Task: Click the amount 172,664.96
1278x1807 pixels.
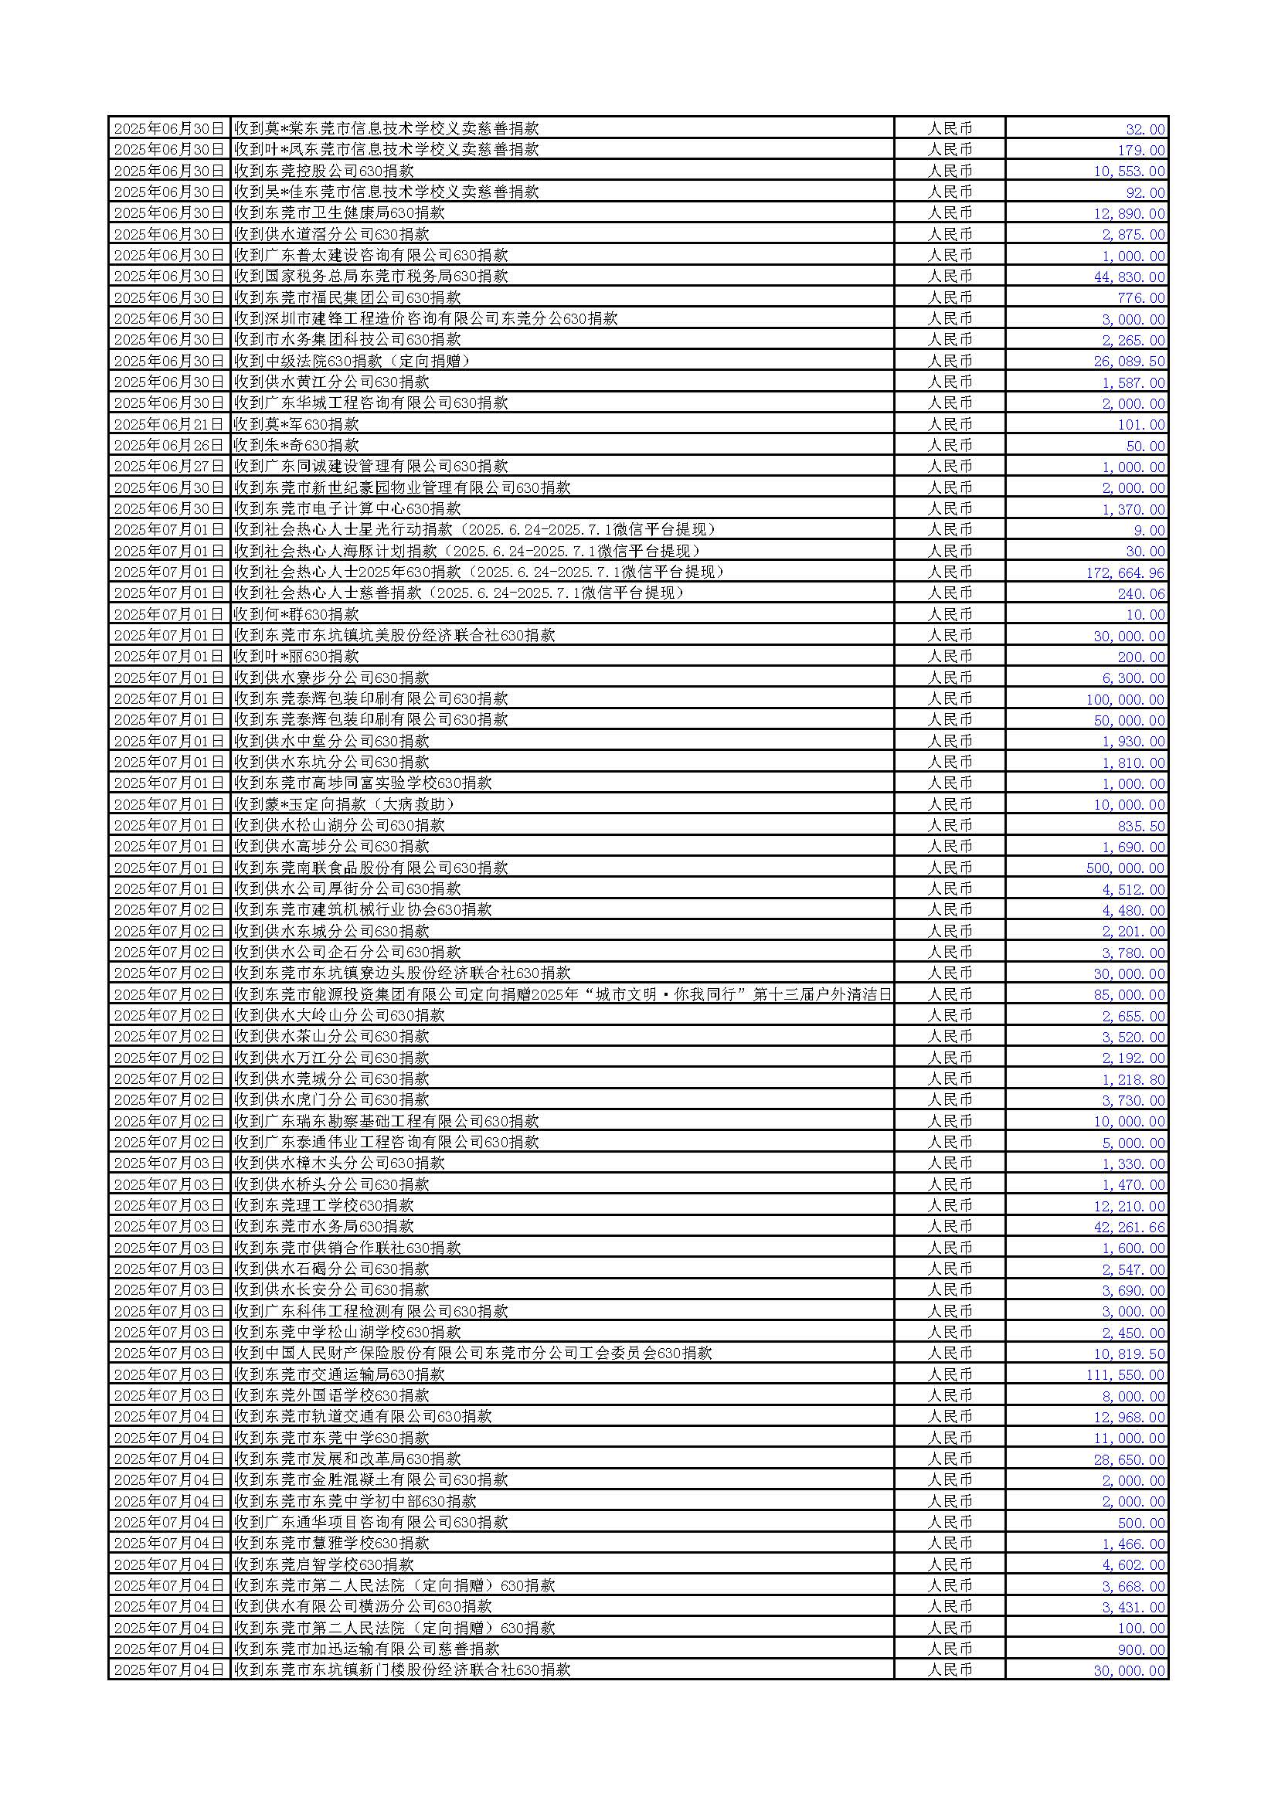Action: (1124, 573)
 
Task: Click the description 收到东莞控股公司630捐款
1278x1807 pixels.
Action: (324, 171)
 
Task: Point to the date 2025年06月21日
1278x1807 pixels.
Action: (168, 424)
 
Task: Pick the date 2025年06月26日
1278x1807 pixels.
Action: (168, 446)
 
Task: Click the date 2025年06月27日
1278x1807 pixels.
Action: (168, 467)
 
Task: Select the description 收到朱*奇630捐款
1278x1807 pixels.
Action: (296, 446)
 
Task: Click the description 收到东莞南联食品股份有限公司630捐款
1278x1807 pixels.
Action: (371, 868)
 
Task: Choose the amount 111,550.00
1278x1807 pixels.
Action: (1124, 1375)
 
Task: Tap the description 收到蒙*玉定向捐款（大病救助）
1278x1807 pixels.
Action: (345, 804)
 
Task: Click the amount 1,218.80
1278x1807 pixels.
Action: (1134, 1079)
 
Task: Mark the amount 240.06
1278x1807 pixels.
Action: (1141, 593)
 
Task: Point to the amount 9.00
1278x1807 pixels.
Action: (1149, 531)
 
